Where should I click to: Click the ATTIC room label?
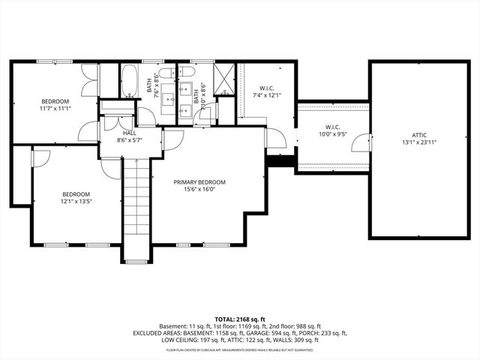[x=409, y=136]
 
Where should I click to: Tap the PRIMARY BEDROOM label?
[x=199, y=182]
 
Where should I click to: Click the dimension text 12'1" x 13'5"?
[x=76, y=201]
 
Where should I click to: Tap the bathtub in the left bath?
[x=130, y=81]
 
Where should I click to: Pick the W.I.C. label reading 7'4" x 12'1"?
[x=265, y=95]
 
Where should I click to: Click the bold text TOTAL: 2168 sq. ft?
[x=239, y=319]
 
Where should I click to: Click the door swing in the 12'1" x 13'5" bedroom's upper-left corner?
[x=40, y=157]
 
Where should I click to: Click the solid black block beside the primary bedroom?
[x=281, y=162]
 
